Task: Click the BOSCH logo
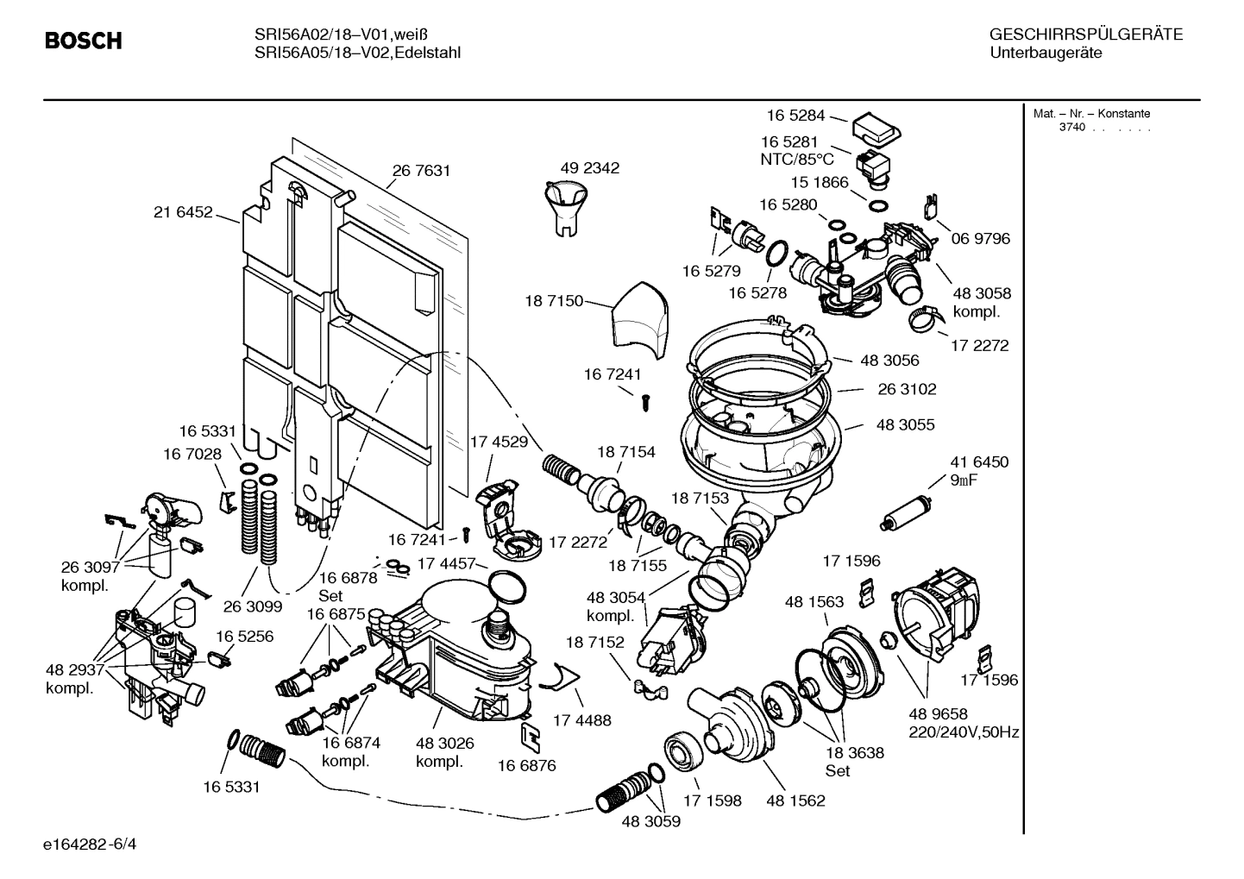(x=83, y=41)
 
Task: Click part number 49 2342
(x=589, y=168)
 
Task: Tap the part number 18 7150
(x=553, y=301)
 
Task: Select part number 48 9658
(x=938, y=713)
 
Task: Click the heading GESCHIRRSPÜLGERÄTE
(x=1085, y=35)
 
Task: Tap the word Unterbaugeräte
(x=1046, y=53)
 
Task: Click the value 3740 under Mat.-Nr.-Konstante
(x=1072, y=128)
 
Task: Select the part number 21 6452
(x=183, y=212)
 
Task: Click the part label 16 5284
(x=795, y=115)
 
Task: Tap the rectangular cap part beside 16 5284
(x=876, y=129)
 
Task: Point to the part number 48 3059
(x=650, y=821)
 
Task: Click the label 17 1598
(x=712, y=801)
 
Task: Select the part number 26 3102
(x=907, y=389)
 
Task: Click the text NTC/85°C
(x=796, y=160)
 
